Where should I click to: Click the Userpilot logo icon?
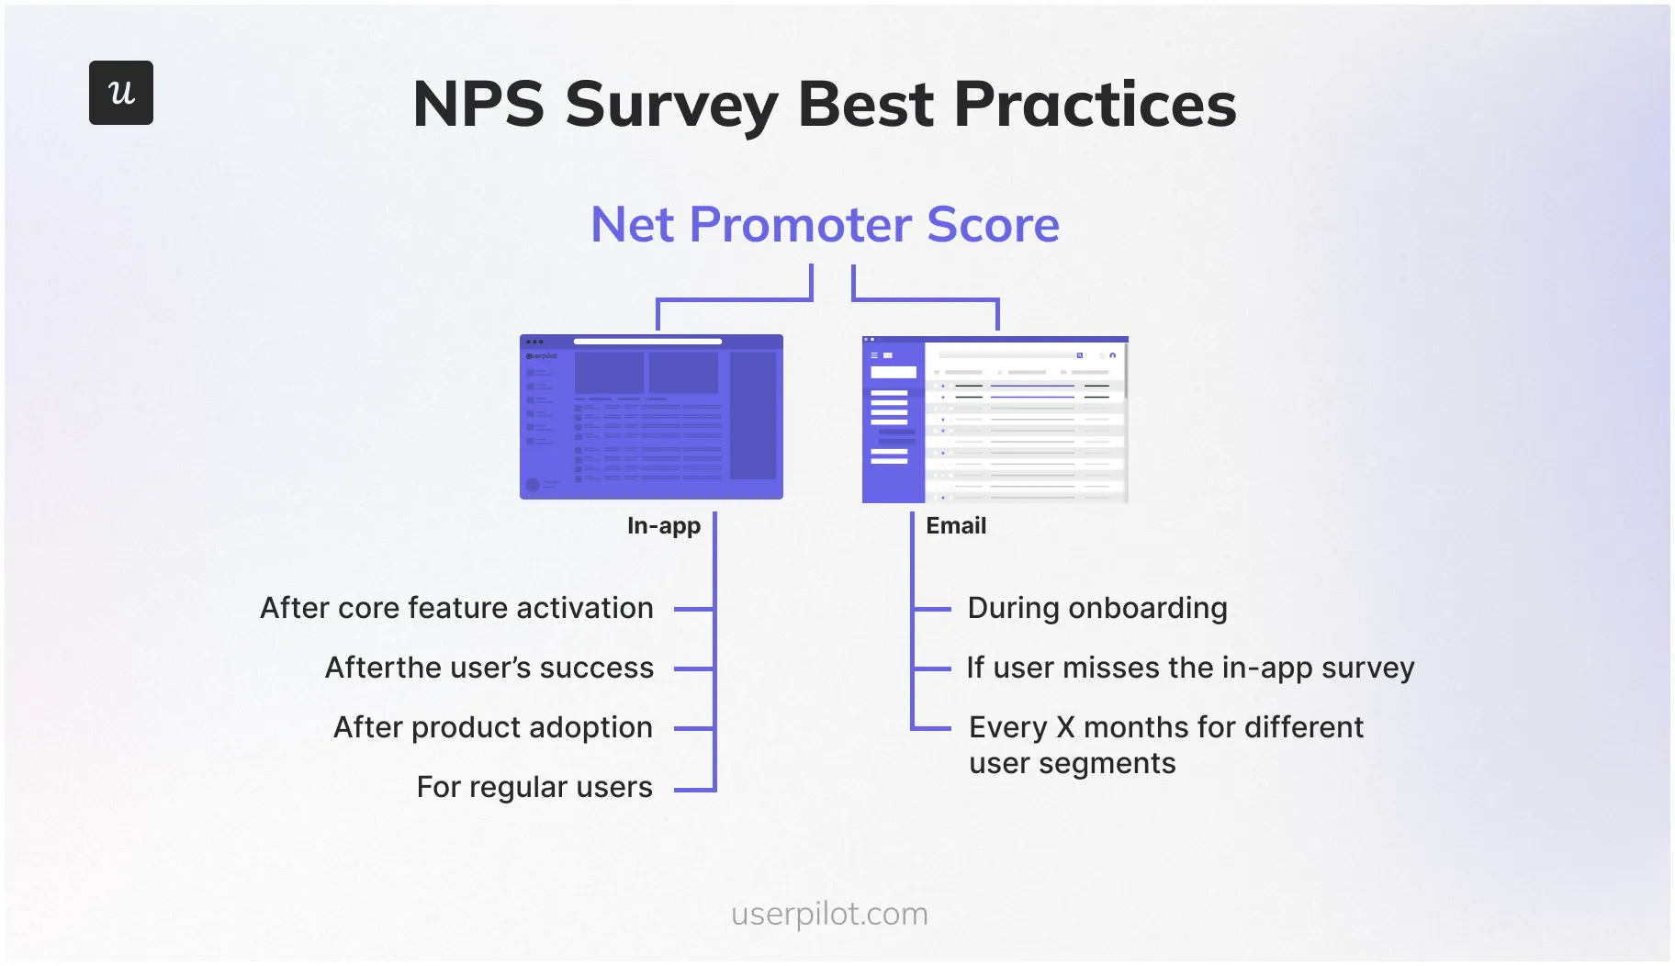coord(120,93)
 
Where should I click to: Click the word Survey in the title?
coord(671,105)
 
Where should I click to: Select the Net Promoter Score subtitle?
coord(825,225)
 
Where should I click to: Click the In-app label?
coord(663,526)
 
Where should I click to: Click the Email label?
coord(955,526)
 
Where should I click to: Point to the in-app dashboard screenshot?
coord(651,418)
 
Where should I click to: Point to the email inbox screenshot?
coord(995,420)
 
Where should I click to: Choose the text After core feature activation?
coord(456,608)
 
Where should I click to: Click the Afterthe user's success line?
coord(489,668)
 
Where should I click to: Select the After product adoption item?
coord(492,727)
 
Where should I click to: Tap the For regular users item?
coord(534,787)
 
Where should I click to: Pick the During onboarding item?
coord(1096,608)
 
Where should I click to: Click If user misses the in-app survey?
coord(1190,668)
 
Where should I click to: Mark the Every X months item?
coord(1165,727)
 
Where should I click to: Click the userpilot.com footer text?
coord(829,914)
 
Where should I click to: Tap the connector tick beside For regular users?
coord(693,789)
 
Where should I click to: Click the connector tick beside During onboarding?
coord(932,609)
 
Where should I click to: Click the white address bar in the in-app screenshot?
coord(647,342)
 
